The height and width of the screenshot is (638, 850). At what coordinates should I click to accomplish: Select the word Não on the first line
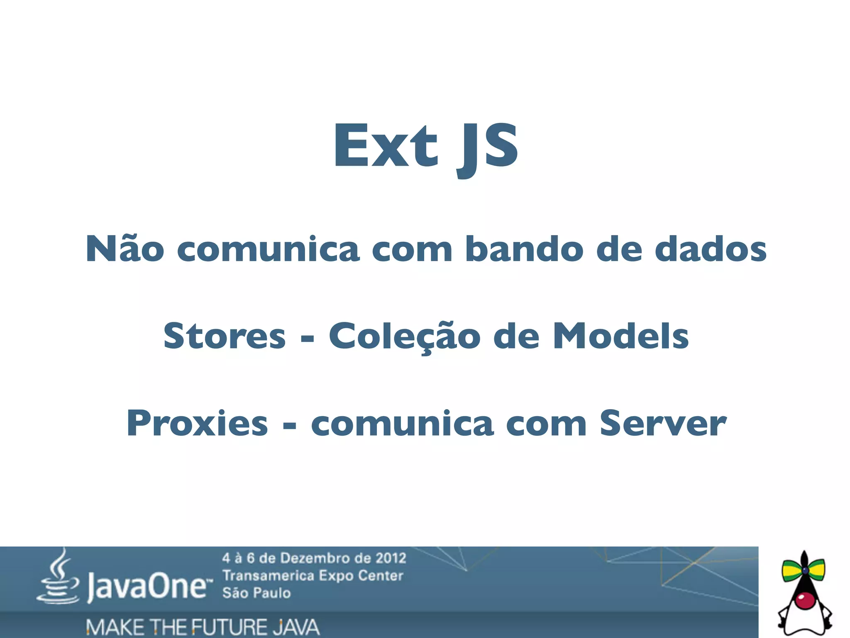125,249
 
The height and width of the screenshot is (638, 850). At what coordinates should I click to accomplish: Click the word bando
524,249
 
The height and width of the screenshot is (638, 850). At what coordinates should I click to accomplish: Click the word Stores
225,336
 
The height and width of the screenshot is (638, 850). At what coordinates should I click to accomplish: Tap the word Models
621,336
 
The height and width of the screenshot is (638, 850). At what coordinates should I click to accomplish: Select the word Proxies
197,424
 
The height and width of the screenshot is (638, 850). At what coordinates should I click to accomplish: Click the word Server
663,424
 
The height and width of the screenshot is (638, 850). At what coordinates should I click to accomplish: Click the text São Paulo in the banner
256,593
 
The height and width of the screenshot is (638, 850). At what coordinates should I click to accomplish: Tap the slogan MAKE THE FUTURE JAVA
203,627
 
